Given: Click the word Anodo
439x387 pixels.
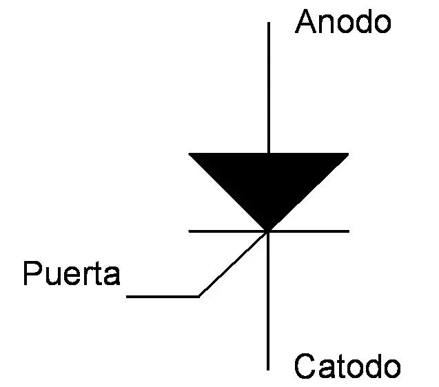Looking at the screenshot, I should pos(343,23).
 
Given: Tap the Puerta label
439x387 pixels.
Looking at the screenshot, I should pos(72,274).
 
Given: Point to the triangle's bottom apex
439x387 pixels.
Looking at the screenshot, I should pos(269,229).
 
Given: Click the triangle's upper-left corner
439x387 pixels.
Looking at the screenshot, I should pos(191,155).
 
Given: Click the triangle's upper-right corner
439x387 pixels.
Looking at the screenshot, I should pos(347,155).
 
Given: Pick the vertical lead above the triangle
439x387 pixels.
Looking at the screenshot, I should pos(269,90).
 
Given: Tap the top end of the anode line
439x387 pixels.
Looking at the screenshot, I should pos(269,23).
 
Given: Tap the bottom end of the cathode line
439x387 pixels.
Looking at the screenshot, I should pos(269,369).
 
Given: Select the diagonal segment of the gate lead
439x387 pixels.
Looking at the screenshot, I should pos(233,264).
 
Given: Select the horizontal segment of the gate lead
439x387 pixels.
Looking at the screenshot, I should pos(163,297).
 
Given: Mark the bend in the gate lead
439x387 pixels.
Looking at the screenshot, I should pos(199,296).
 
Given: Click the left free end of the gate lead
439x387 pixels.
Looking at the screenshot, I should pos(128,297).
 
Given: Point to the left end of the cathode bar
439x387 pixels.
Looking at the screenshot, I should pos(190,231).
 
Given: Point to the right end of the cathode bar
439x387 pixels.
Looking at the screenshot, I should pos(349,231).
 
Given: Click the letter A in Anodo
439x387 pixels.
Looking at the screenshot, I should pos(305,23).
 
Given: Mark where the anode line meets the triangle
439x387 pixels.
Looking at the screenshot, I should pos(269,154).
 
